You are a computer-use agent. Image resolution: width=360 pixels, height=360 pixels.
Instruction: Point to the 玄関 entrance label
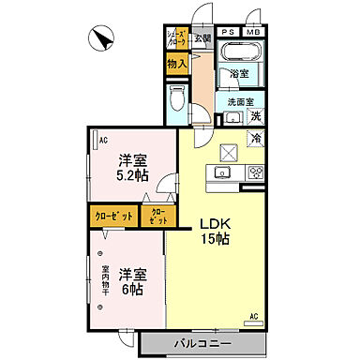pyautogui.click(x=202, y=38)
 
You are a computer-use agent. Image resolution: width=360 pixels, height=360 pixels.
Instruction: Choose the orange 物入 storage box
pyautogui.click(x=176, y=64)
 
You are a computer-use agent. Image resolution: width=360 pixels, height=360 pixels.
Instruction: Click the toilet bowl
pyautogui.click(x=178, y=100)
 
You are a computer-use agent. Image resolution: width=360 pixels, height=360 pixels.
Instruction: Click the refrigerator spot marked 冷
pyautogui.click(x=255, y=138)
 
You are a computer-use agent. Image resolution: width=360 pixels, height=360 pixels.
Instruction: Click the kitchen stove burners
pyautogui.click(x=255, y=173)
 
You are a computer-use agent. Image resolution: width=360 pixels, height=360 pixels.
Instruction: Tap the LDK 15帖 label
pyautogui.click(x=213, y=231)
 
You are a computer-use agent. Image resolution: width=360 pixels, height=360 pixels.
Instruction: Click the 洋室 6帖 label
pyautogui.click(x=131, y=280)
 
